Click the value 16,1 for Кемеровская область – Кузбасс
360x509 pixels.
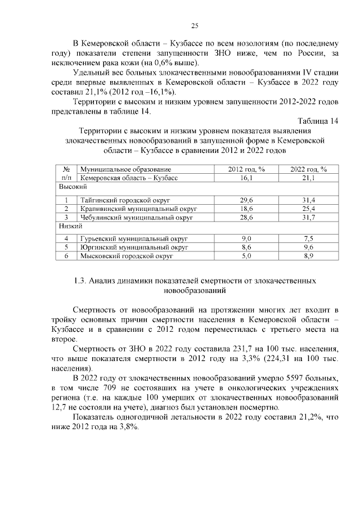point(246,177)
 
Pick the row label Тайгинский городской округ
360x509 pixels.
point(125,200)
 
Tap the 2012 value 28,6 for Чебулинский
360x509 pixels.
point(246,216)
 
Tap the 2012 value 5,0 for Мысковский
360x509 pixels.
point(246,255)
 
